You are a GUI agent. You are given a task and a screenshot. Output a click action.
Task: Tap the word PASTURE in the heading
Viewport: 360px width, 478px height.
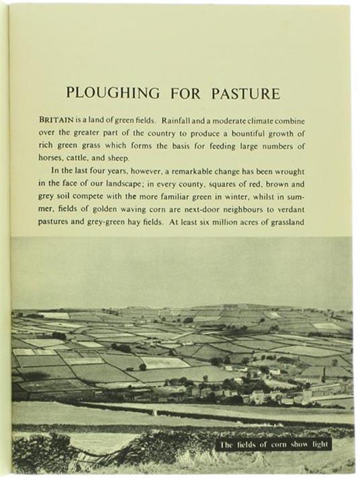[x=246, y=93]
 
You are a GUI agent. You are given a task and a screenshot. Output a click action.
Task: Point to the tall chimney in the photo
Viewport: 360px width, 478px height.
[x=323, y=374]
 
